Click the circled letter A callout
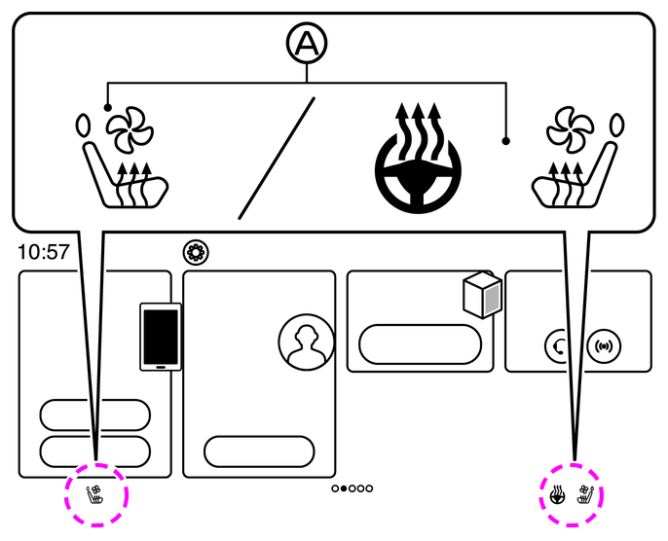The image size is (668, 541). tap(307, 44)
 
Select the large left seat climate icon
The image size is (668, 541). tap(122, 161)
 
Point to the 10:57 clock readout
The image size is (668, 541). tap(44, 252)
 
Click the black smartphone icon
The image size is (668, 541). tap(161, 337)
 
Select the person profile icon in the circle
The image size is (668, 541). tap(306, 343)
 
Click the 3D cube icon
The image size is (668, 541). tap(483, 295)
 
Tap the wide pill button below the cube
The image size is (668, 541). tap(421, 343)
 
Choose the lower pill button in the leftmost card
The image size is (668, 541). tap(94, 451)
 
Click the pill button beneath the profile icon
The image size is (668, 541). tap(259, 451)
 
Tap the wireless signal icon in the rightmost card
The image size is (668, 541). tap(604, 343)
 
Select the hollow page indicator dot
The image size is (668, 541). tap(336, 488)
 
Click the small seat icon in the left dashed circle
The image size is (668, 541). tap(95, 494)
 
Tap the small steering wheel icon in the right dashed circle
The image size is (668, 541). tap(558, 494)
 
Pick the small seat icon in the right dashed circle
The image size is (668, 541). tap(586, 494)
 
